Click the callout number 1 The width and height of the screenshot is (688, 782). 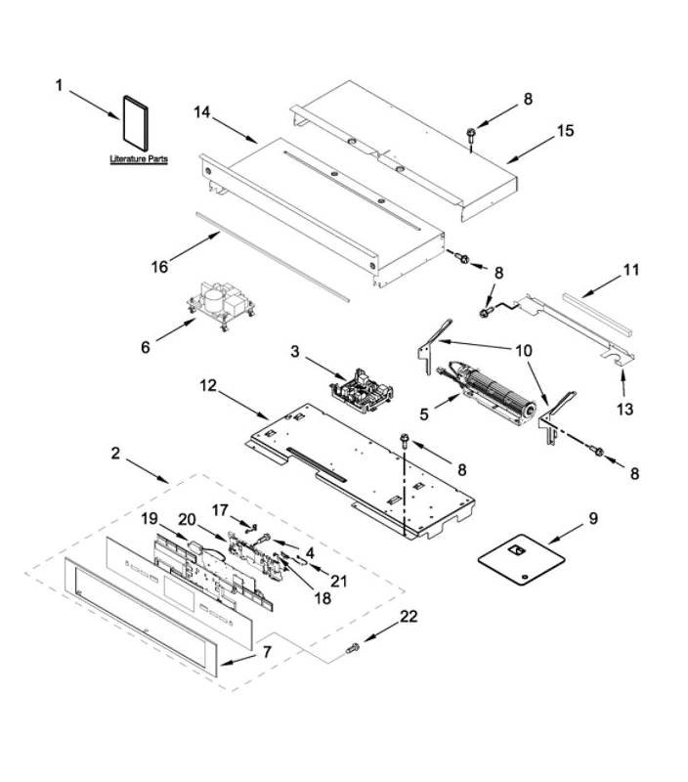59,86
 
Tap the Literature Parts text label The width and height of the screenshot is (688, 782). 138,157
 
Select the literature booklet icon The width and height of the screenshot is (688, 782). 133,122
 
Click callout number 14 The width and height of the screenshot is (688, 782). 202,113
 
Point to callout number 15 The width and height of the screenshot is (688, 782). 566,130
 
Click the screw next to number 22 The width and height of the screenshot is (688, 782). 353,647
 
